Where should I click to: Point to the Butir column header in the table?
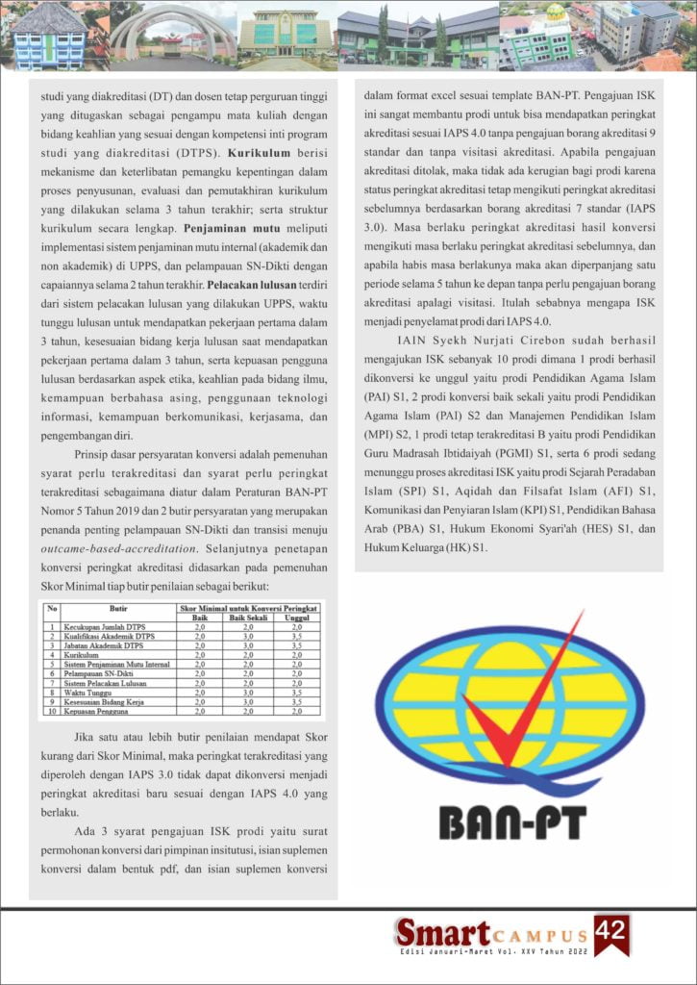[x=119, y=609]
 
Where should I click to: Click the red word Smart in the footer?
[x=443, y=933]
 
